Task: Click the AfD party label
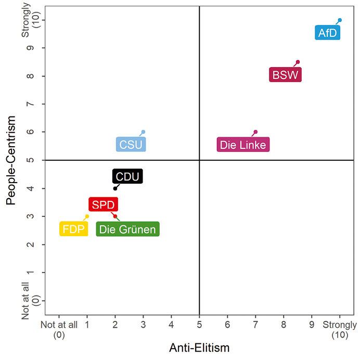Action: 328,33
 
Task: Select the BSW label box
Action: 285,75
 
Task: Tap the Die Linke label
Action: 243,145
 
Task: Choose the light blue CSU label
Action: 131,145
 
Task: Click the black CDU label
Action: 127,176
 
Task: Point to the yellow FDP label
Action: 73,229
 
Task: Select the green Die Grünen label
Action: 127,229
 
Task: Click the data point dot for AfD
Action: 340,20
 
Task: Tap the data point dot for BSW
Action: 298,62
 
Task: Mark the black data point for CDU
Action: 115,188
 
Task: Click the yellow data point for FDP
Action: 87,216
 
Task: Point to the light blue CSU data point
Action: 143,132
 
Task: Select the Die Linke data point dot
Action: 255,132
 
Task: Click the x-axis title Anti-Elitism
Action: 199,348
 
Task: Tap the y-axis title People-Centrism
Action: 11,160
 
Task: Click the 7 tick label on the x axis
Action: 255,325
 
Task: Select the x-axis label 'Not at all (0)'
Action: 59,329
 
